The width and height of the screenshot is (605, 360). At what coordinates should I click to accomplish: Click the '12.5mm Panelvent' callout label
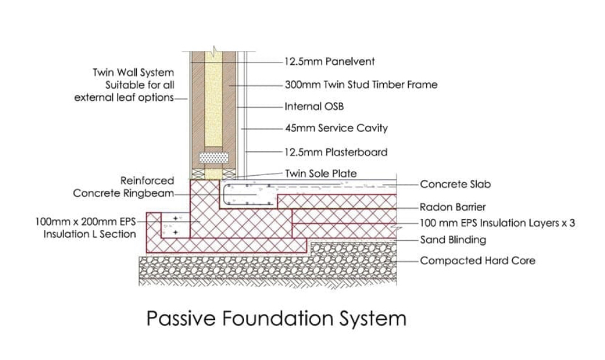coord(329,61)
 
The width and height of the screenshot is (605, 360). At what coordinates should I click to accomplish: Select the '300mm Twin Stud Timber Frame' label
coord(361,85)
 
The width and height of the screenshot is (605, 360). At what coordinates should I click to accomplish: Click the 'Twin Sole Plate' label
coord(320,173)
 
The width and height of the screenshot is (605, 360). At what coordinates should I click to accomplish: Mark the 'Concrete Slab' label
coord(454,184)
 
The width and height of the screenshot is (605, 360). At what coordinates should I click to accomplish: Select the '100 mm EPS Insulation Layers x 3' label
coord(497,223)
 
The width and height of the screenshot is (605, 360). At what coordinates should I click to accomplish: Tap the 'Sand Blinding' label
coord(453,240)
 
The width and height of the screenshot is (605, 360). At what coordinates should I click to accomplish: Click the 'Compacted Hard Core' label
coord(477,260)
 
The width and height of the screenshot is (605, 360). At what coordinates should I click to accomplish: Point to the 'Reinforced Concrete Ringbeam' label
coord(124,187)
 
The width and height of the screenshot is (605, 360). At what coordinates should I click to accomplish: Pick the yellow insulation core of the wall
coord(213,102)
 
